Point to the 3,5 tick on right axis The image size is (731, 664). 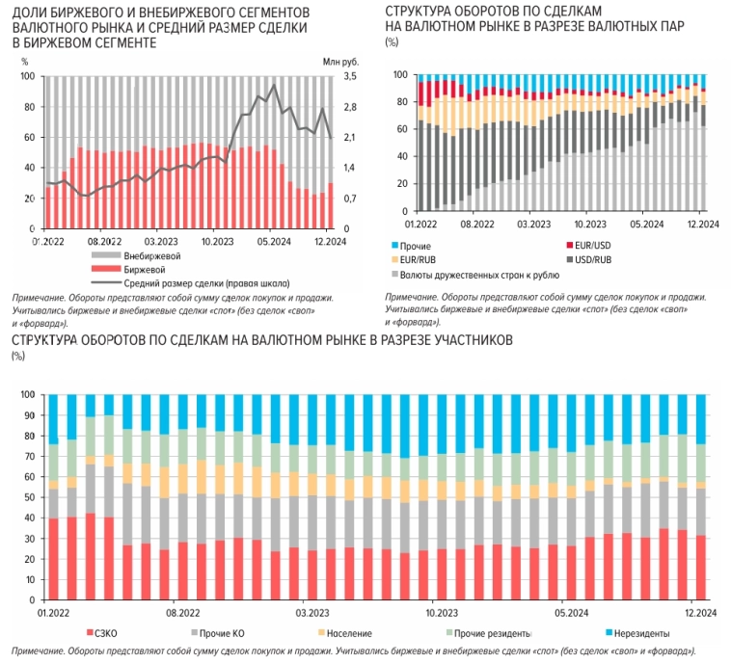[349, 76]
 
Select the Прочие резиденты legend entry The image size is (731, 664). [493, 633]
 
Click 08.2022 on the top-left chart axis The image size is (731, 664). [104, 241]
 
